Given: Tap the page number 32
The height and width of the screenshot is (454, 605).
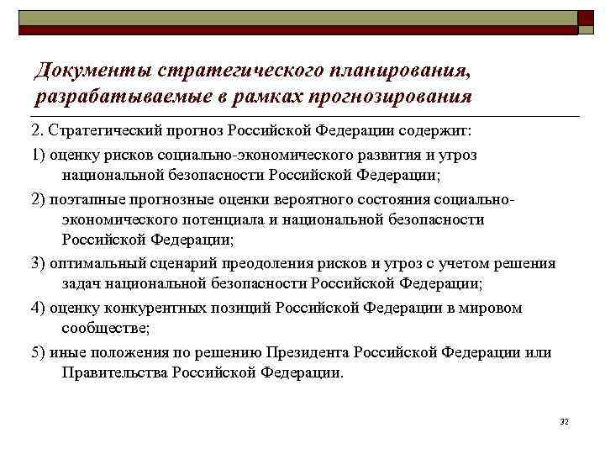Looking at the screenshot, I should (564, 420).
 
